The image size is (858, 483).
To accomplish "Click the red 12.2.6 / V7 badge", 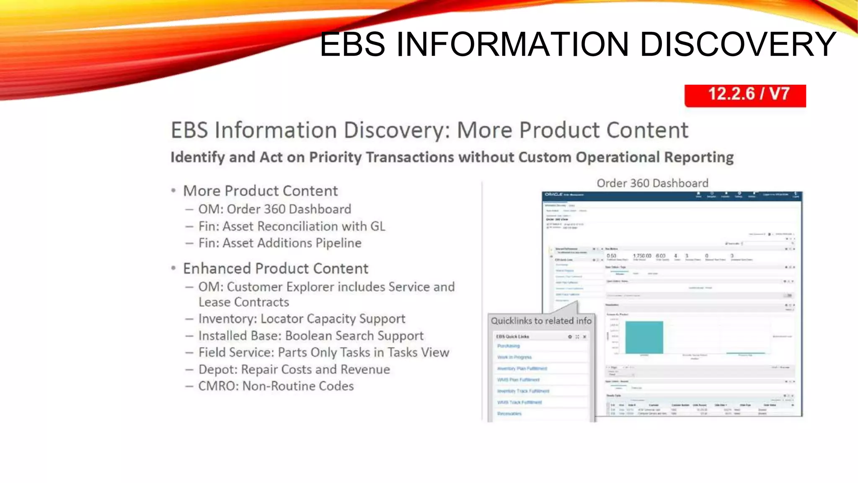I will point(745,95).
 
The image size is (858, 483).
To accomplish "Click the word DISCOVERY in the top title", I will point(738,44).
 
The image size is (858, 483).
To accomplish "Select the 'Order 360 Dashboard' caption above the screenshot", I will point(652,183).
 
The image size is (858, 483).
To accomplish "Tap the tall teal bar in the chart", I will point(644,337).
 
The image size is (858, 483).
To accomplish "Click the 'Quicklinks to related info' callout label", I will point(541,321).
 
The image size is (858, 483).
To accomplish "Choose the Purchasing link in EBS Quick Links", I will point(508,346).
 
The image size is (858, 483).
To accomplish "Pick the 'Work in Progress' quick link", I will point(514,357).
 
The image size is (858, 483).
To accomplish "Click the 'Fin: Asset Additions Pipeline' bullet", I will point(279,243).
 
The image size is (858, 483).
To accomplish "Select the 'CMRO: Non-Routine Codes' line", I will point(276,386).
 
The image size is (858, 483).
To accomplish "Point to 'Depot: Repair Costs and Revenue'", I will point(294,369).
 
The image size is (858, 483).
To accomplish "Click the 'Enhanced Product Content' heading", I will point(275,268).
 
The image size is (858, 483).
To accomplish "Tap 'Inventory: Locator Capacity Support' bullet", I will point(302,319).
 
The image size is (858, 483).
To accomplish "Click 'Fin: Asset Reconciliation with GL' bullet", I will point(292,226).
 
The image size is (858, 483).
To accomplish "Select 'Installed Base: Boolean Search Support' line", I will point(311,336).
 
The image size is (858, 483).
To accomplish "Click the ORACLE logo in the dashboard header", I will point(553,195).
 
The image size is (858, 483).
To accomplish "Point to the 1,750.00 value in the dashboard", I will point(642,256).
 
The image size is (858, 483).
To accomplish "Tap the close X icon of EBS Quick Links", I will point(584,337).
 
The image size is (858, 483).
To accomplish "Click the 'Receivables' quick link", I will point(509,414).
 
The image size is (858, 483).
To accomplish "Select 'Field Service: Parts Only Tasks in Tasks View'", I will point(323,353).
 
